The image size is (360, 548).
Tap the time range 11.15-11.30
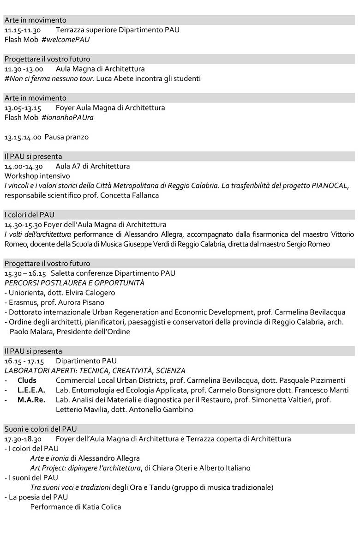click(23, 30)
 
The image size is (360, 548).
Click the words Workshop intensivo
click(37, 176)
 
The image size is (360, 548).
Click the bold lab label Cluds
click(27, 380)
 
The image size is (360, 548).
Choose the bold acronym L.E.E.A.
click(31, 390)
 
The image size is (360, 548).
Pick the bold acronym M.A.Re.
click(31, 400)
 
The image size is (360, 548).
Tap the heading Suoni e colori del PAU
click(41, 429)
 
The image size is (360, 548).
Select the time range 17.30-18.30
click(23, 439)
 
